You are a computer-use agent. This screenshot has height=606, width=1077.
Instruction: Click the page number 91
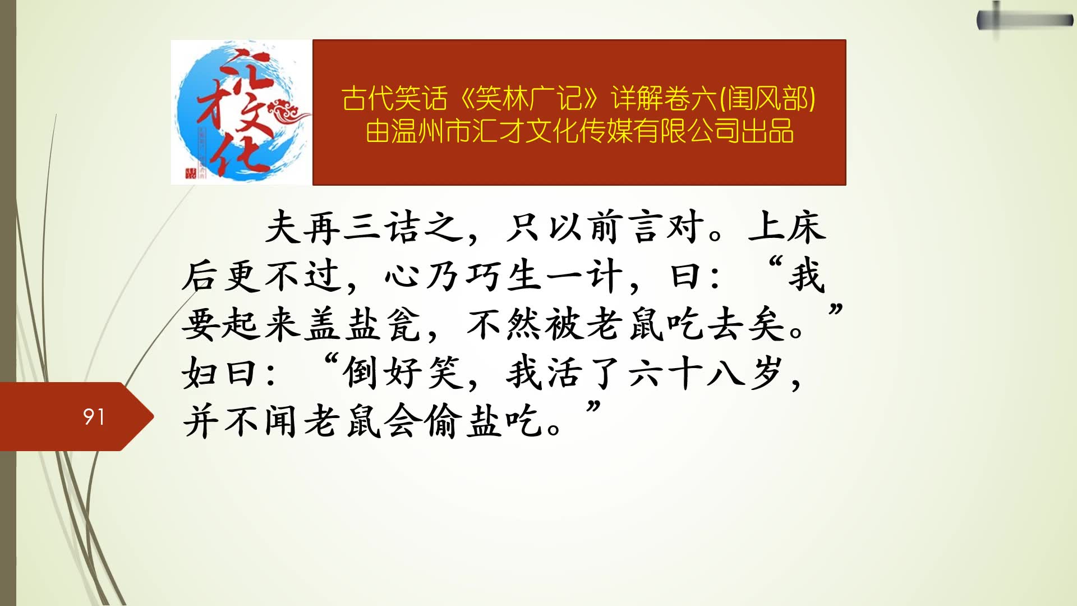tap(94, 417)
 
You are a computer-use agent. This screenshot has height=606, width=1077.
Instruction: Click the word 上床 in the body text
tap(786, 228)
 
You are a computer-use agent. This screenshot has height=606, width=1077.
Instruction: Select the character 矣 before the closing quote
tap(766, 325)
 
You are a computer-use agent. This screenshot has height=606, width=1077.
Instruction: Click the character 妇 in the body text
tap(200, 373)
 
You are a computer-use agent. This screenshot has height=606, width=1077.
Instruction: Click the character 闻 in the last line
tap(280, 421)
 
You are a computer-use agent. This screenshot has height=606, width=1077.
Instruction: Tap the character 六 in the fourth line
tap(646, 373)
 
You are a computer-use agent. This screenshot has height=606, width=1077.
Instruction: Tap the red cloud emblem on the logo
tap(289, 111)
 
